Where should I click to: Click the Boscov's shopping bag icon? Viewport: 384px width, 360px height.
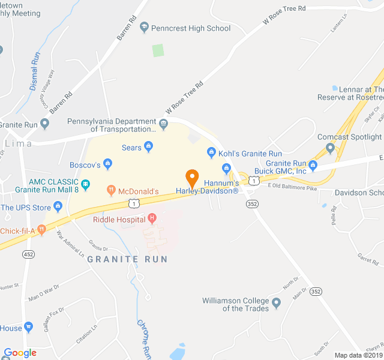(107, 163)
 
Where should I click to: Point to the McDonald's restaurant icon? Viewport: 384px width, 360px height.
(111, 190)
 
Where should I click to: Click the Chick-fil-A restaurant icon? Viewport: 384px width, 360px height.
(41, 229)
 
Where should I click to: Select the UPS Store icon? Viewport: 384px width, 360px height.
(58, 207)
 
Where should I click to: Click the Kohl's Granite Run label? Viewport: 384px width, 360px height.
(241, 154)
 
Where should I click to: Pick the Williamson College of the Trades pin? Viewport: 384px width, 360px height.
(276, 303)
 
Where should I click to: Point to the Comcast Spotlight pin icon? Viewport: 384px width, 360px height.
(329, 148)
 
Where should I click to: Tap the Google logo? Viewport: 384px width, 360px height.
(20, 353)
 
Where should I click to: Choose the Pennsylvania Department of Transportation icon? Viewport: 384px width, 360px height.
(163, 124)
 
